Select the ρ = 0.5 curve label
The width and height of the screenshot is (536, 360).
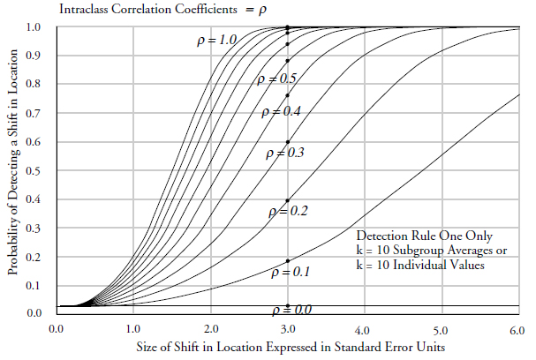[276, 79]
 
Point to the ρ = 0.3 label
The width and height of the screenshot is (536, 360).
[285, 153]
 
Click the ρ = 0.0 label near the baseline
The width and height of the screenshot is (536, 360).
[292, 309]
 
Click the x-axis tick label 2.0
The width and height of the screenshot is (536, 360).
[210, 328]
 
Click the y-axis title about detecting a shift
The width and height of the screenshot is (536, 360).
[13, 168]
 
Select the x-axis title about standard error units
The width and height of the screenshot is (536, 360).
[288, 348]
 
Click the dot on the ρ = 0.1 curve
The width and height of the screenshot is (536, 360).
[288, 261]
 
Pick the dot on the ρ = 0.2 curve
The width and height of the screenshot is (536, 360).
[288, 200]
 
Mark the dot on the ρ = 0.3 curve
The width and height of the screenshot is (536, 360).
[288, 142]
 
